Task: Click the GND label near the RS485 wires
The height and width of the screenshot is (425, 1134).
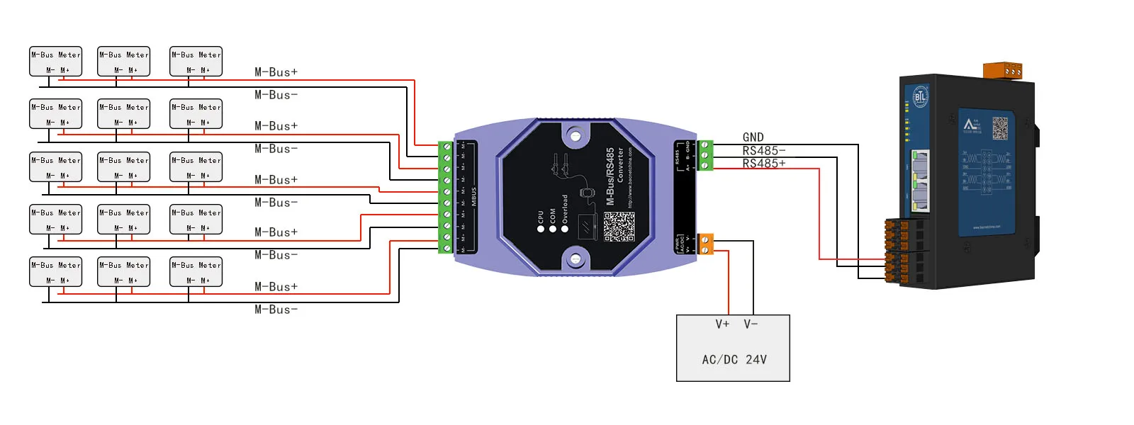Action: [x=753, y=137]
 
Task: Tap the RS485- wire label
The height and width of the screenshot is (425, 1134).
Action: [x=763, y=151]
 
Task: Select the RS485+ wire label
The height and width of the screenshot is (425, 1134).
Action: [x=763, y=164]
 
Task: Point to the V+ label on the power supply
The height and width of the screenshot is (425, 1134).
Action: [x=722, y=324]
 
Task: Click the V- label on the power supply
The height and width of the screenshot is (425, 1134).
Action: [x=751, y=324]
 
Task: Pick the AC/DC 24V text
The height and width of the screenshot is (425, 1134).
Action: [x=734, y=360]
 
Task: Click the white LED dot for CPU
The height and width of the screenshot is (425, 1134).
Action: [x=541, y=229]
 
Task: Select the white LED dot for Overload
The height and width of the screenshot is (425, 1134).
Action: [x=565, y=229]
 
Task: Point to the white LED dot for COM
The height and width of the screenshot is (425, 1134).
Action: [x=553, y=229]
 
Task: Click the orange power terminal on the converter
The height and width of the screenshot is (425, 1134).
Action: [x=706, y=244]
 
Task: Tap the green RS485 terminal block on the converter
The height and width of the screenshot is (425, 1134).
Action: [x=706, y=156]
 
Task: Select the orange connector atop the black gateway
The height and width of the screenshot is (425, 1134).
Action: [x=1003, y=70]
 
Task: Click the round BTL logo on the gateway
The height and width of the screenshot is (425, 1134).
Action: [x=920, y=97]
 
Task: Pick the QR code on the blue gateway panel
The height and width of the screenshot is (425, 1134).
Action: [x=999, y=128]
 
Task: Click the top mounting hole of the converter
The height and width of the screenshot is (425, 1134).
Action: [x=576, y=135]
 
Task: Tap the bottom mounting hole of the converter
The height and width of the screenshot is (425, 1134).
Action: [x=576, y=259]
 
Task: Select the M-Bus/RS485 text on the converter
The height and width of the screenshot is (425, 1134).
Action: [x=610, y=176]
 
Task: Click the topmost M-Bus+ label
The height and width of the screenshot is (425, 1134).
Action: [x=276, y=72]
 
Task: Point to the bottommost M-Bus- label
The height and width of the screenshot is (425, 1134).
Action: [x=276, y=310]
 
